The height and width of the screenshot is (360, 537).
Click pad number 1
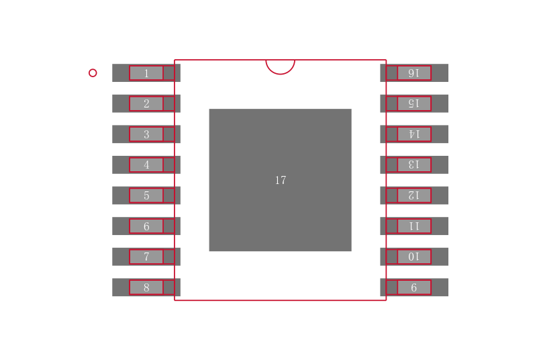pyautogui.click(x=146, y=73)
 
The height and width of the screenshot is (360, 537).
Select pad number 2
pyautogui.click(x=146, y=103)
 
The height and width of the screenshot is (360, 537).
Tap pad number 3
pyautogui.click(x=146, y=134)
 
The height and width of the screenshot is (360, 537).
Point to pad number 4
pyautogui.click(x=146, y=165)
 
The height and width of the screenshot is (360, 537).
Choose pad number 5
pyautogui.click(x=146, y=195)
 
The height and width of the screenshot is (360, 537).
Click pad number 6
pyautogui.click(x=146, y=226)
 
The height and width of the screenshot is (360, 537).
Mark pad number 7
pyautogui.click(x=146, y=257)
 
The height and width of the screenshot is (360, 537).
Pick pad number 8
pyautogui.click(x=146, y=287)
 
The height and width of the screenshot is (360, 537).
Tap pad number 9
pyautogui.click(x=413, y=287)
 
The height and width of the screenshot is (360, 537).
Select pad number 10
pyautogui.click(x=413, y=257)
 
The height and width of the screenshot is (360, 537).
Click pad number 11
pyautogui.click(x=413, y=226)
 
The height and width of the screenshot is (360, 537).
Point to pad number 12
pyautogui.click(x=413, y=195)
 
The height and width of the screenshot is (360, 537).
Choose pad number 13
pyautogui.click(x=413, y=165)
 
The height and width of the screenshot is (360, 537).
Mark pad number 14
pyautogui.click(x=413, y=134)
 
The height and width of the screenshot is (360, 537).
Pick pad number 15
pyautogui.click(x=413, y=103)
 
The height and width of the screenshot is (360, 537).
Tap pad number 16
pyautogui.click(x=413, y=73)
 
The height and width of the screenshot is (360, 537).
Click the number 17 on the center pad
pyautogui.click(x=281, y=181)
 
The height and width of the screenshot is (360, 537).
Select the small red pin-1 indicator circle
pyautogui.click(x=93, y=73)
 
